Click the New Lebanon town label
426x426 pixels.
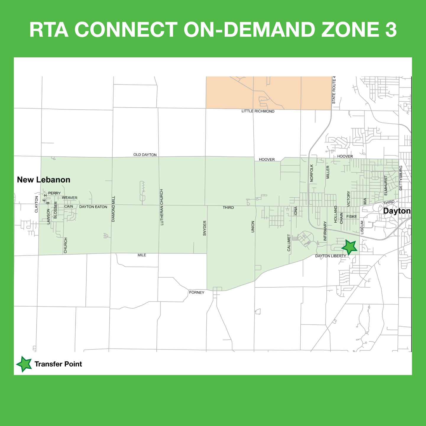click(43, 180)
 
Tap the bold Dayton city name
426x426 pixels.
click(397, 211)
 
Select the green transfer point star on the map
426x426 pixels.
click(349, 247)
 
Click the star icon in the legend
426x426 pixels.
click(24, 364)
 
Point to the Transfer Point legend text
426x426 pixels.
click(58, 364)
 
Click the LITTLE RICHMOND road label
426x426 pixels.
click(258, 111)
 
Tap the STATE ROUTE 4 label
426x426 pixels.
click(334, 90)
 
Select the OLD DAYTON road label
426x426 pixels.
click(145, 155)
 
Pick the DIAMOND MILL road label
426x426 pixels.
click(114, 209)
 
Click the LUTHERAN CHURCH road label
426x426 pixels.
click(162, 207)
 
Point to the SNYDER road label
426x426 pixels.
click(205, 228)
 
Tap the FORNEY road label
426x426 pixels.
click(197, 293)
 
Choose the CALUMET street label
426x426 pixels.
click(289, 243)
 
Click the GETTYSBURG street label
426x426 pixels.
click(401, 178)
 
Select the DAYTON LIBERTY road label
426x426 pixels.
click(331, 256)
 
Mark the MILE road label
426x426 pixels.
click(142, 255)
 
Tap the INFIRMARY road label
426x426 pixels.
click(325, 231)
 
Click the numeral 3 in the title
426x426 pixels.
click(391, 30)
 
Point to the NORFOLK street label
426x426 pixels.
click(312, 173)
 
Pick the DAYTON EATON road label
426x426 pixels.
click(93, 207)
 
